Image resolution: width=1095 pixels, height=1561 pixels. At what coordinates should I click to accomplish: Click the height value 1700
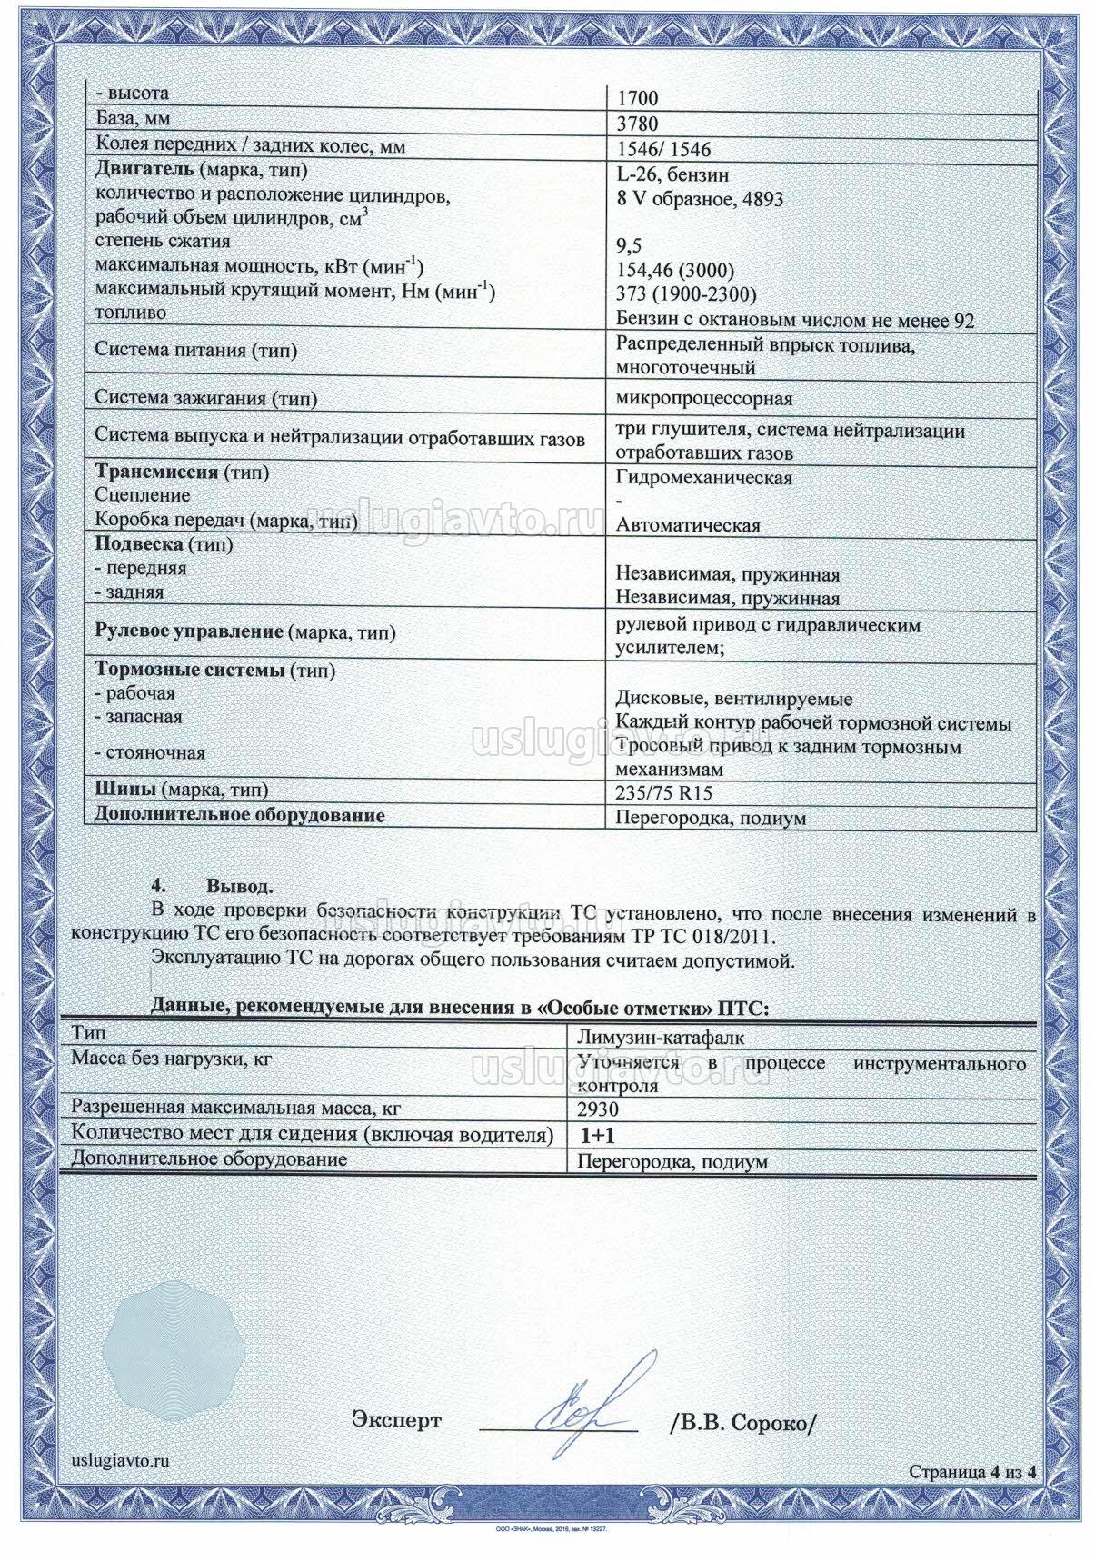pyautogui.click(x=637, y=98)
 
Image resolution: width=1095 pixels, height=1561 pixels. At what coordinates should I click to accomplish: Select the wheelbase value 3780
pyautogui.click(x=637, y=124)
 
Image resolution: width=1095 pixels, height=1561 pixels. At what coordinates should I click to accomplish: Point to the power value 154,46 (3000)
pyautogui.click(x=675, y=271)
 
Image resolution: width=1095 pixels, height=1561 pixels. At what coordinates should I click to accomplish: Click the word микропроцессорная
pyautogui.click(x=704, y=398)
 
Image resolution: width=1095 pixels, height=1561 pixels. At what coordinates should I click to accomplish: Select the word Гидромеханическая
pyautogui.click(x=704, y=477)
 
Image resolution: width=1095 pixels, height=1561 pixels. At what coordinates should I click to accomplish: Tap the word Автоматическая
pyautogui.click(x=688, y=525)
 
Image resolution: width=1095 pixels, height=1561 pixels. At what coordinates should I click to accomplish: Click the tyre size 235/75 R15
pyautogui.click(x=664, y=793)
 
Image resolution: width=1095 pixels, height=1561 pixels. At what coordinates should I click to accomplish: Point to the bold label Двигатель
pyautogui.click(x=144, y=170)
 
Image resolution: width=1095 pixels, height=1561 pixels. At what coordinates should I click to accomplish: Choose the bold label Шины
pyautogui.click(x=121, y=790)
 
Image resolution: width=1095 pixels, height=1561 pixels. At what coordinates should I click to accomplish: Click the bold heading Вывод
pyautogui.click(x=240, y=886)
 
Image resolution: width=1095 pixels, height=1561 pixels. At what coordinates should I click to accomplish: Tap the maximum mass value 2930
pyautogui.click(x=597, y=1109)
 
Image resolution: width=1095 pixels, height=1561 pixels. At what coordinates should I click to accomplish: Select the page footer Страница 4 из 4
pyautogui.click(x=972, y=1498)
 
